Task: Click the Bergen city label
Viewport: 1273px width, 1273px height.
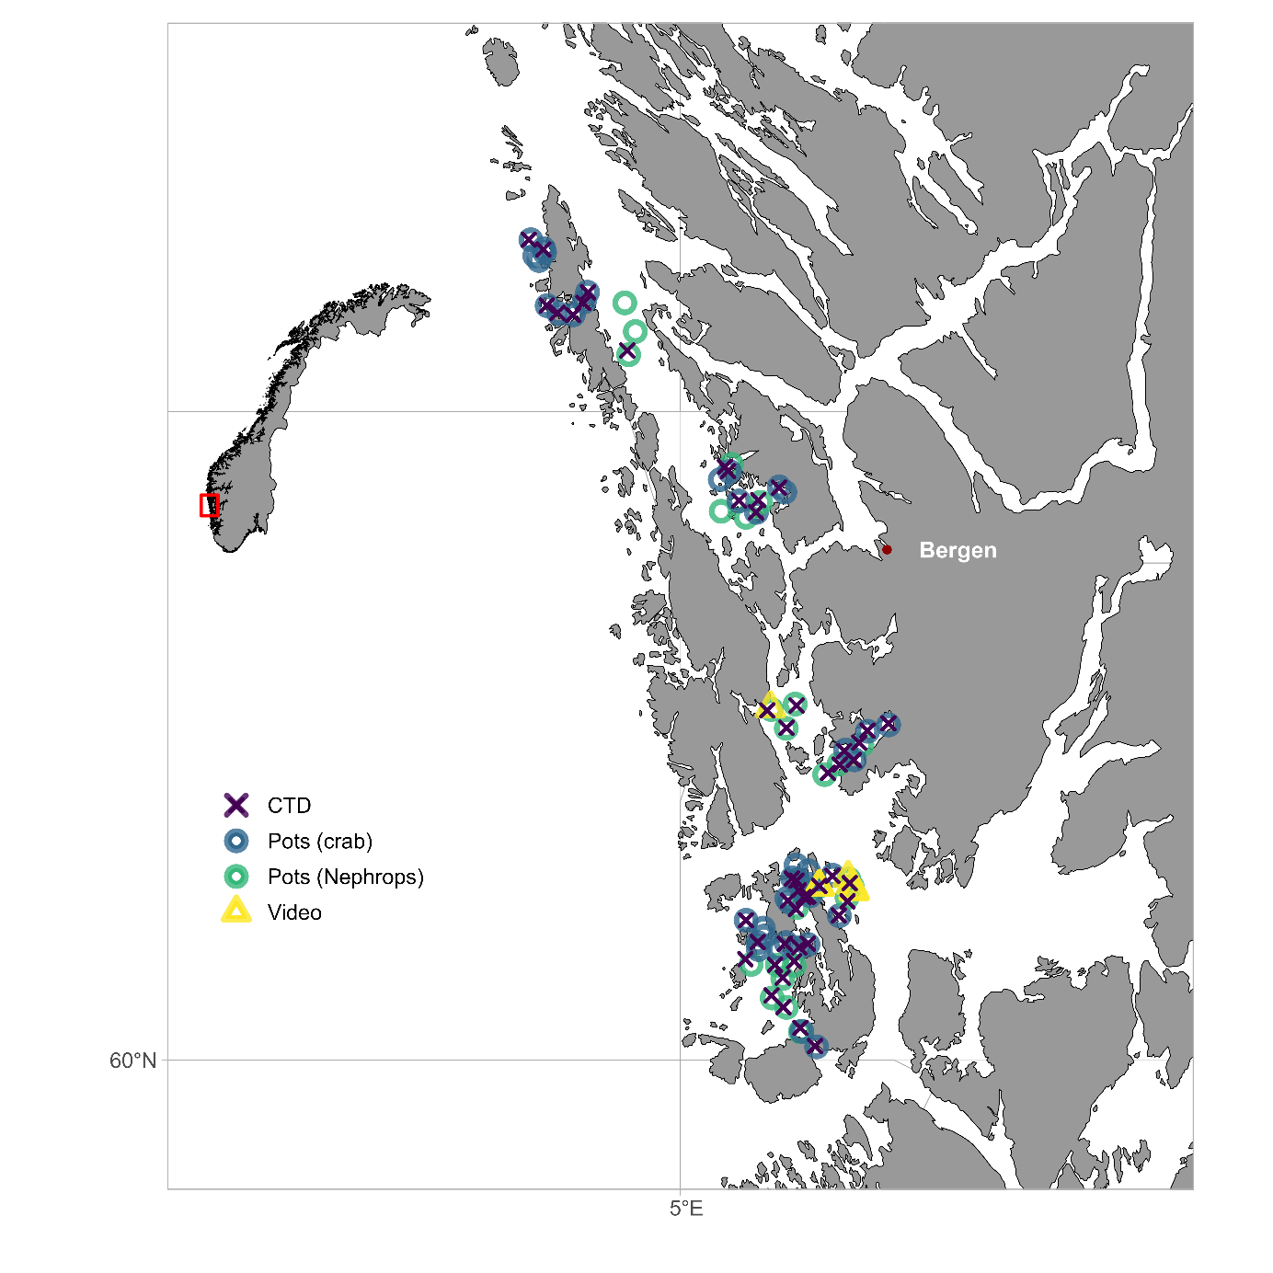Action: tap(958, 550)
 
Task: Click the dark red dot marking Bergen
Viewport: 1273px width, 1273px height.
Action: tap(887, 550)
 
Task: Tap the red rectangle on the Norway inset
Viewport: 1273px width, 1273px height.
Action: tap(210, 505)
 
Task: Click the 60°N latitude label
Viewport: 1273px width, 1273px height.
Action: tap(133, 1061)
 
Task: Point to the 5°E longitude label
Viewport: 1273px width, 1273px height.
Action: tap(685, 1209)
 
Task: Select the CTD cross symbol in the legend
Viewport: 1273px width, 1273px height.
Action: tap(236, 805)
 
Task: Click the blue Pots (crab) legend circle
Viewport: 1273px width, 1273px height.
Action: tap(236, 841)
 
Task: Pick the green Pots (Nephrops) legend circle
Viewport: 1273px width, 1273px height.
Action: tap(236, 877)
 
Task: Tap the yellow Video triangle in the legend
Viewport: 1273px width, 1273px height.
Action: tap(236, 912)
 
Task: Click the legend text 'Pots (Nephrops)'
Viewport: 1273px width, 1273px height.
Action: tap(346, 877)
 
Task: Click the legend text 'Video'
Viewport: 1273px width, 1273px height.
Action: tap(294, 912)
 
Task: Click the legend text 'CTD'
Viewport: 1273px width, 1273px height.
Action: tap(289, 806)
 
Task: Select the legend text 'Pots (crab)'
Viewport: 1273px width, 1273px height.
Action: tap(320, 842)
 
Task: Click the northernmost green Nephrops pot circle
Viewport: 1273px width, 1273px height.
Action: tap(625, 303)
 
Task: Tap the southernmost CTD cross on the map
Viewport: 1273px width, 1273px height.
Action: tap(815, 1046)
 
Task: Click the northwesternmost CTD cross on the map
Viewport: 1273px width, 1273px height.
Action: tap(529, 240)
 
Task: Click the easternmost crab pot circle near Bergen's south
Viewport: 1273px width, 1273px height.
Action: tap(889, 724)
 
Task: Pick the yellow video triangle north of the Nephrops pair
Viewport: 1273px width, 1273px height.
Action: tap(770, 705)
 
